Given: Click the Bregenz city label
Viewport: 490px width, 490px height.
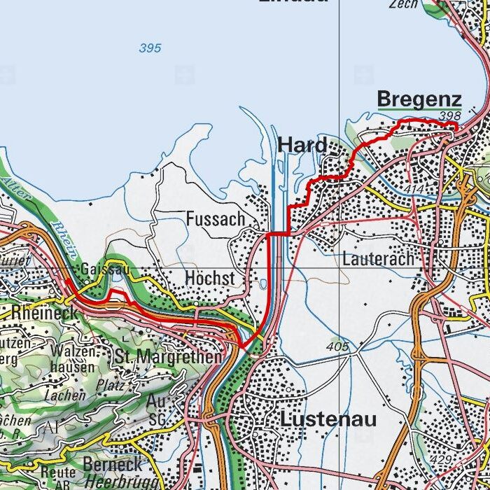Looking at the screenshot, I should (419, 99).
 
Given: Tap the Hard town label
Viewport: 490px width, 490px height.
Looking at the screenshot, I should (302, 145).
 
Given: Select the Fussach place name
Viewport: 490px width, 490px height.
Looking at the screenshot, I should (216, 219).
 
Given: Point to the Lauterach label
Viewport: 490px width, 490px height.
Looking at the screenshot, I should (378, 258).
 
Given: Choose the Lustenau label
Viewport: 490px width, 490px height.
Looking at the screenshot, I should (328, 419).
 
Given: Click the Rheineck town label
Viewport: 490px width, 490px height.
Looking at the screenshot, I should (43, 312).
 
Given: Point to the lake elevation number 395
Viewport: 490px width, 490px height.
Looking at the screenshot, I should (150, 48).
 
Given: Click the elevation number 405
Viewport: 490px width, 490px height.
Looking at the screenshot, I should (337, 346).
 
